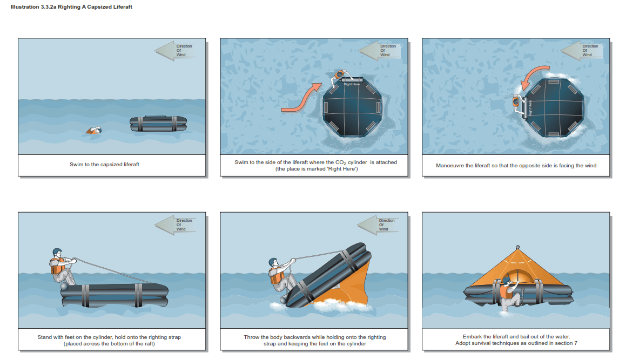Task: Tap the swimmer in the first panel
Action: click(95, 131)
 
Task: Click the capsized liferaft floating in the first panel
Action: click(158, 124)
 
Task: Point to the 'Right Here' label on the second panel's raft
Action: click(352, 84)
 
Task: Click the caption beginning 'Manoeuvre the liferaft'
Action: click(516, 165)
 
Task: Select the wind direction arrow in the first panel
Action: click(173, 50)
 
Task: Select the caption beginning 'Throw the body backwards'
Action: click(314, 340)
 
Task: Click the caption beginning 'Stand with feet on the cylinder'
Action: click(109, 340)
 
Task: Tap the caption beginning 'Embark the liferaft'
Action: click(516, 340)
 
